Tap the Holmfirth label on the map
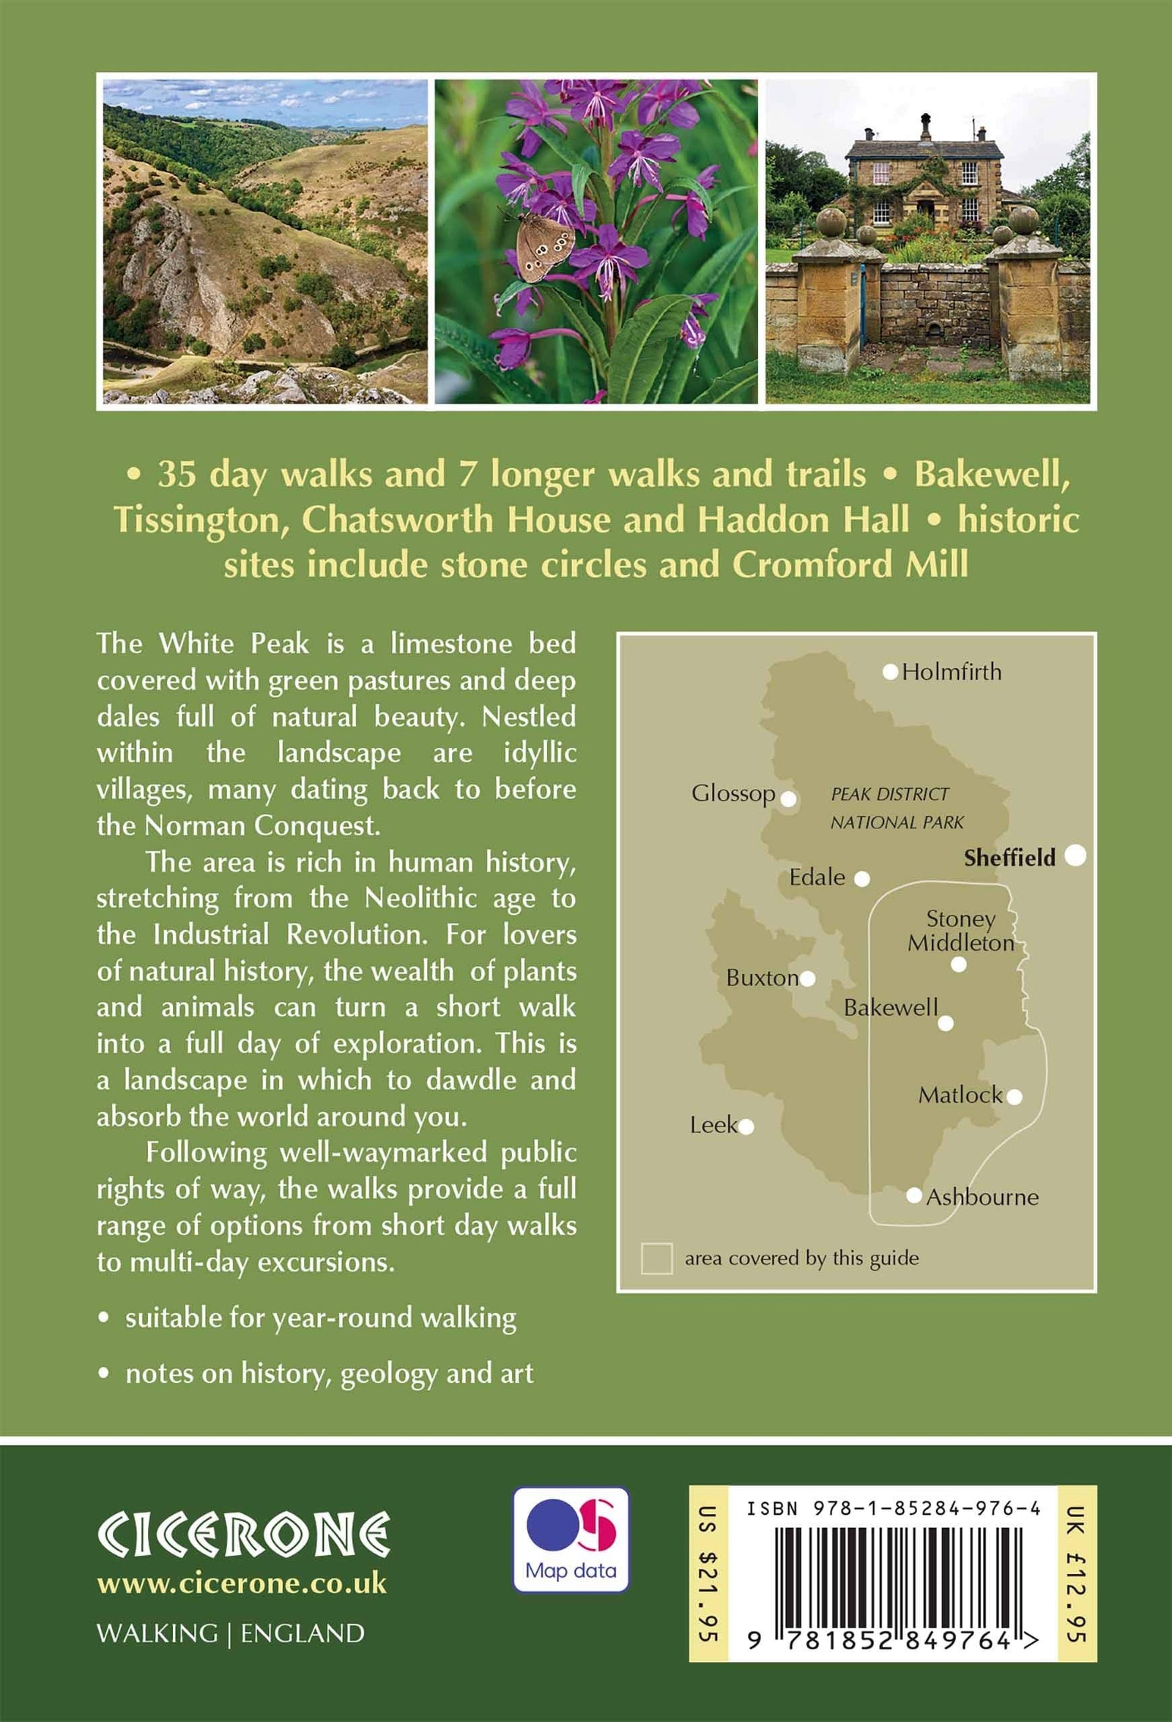click(952, 672)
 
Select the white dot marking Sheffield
click(1075, 855)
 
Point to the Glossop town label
click(732, 793)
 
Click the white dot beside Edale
click(861, 879)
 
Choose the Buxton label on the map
click(762, 978)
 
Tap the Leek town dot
click(746, 1127)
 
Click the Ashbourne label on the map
click(982, 1198)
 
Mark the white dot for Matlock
click(1015, 1096)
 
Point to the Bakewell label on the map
click(891, 1008)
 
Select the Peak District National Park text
click(897, 809)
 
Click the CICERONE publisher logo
click(244, 1534)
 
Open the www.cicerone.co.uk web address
click(242, 1584)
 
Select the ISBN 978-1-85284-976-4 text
click(893, 1509)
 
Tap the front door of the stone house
click(926, 211)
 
